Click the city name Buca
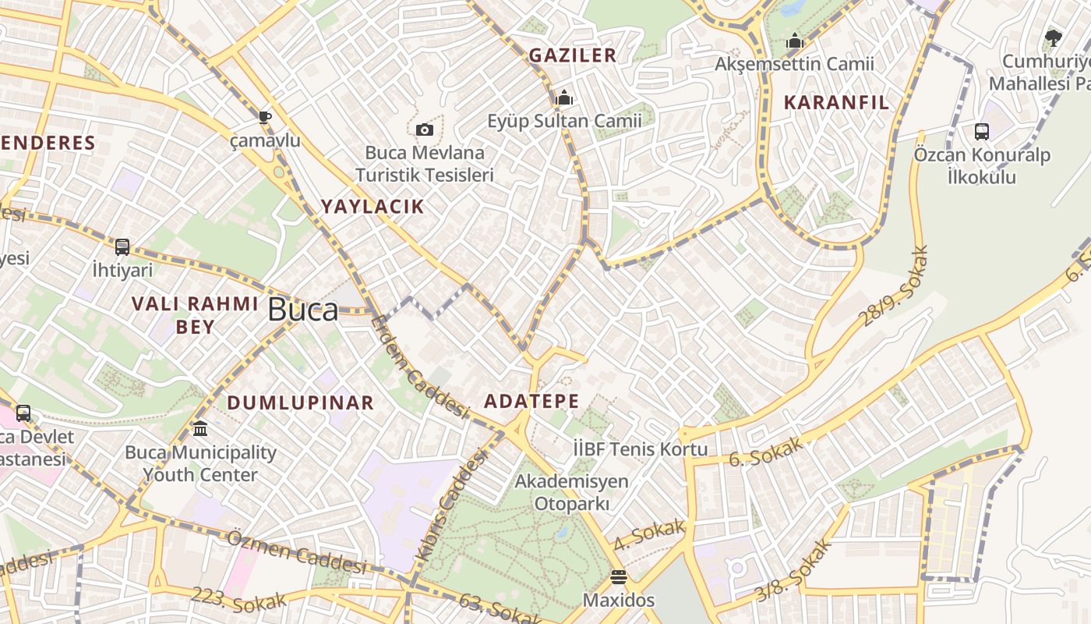302,310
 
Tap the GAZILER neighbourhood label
573,55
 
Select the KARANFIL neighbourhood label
836,102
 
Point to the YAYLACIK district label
373,207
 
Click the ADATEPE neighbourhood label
531,402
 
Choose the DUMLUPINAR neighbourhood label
301,403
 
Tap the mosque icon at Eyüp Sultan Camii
563,97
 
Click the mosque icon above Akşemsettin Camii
795,41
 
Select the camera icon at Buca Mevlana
425,129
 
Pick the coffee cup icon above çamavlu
265,117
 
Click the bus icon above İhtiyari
122,247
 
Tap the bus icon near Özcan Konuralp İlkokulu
981,132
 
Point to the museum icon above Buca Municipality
200,428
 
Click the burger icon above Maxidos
619,577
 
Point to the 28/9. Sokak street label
895,286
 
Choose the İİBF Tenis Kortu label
641,449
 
